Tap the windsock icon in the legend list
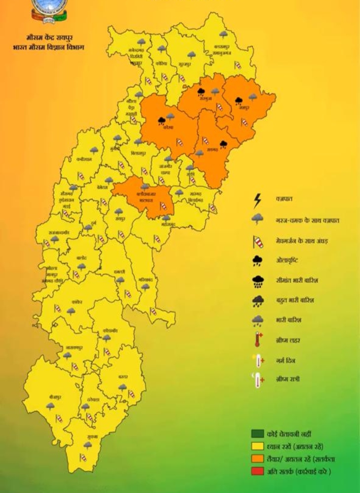pyautogui.click(x=257, y=241)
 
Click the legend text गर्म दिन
pyautogui.click(x=286, y=360)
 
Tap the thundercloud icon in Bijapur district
pyautogui.click(x=50, y=406)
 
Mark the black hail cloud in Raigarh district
pyautogui.click(x=223, y=144)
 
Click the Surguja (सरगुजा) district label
pyautogui.click(x=205, y=99)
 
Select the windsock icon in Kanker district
pyautogui.click(x=58, y=309)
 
